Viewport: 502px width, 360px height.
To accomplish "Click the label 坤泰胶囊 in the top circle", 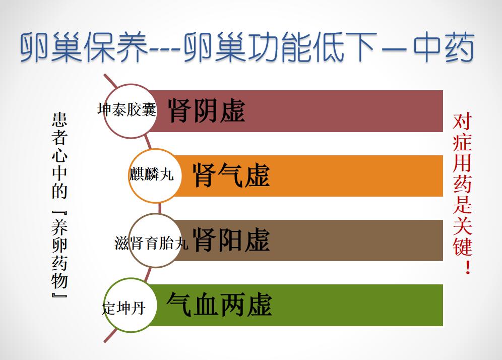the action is click(127, 109).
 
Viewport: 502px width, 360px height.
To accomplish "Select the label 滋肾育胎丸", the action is click(151, 243).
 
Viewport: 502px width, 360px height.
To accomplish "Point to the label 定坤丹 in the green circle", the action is click(124, 309).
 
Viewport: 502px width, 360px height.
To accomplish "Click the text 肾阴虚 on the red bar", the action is click(207, 111).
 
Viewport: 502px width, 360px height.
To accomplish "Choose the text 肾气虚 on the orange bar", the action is click(231, 175).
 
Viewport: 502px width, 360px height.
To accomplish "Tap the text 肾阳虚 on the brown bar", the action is click(231, 240).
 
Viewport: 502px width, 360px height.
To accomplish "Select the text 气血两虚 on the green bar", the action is click(219, 305).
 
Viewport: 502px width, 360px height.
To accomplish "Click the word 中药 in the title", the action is click(444, 47).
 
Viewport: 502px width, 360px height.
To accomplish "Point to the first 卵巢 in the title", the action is click(51, 47).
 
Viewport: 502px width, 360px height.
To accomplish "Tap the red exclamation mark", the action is click(468, 267).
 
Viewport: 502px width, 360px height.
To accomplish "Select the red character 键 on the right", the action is click(462, 246).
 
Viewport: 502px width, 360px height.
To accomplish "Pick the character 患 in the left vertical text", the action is click(59, 120).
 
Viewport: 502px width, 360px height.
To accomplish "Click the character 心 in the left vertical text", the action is click(59, 155).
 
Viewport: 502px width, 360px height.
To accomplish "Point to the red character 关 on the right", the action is click(462, 225).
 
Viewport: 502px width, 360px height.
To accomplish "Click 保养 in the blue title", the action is click(116, 47).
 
